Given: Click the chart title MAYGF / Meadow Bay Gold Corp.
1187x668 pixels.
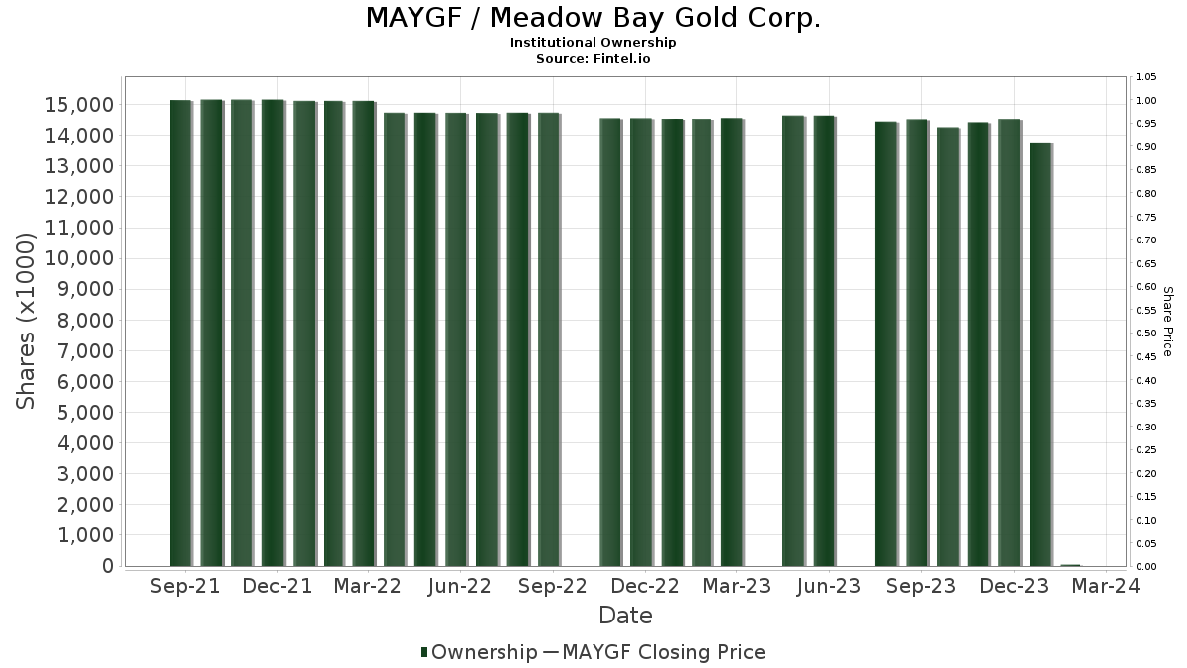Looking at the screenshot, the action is (x=593, y=18).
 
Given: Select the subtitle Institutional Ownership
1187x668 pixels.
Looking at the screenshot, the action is (x=593, y=43).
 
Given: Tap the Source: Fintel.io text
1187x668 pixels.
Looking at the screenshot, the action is (x=593, y=58).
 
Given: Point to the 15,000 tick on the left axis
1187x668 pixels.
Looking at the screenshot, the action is (x=79, y=105).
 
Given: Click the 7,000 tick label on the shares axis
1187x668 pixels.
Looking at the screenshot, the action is (x=85, y=351).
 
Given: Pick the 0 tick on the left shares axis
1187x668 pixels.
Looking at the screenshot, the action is (x=108, y=566).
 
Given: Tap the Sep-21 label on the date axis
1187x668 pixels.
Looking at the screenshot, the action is (x=185, y=586).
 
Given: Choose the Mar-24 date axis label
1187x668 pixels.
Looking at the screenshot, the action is (x=1106, y=586).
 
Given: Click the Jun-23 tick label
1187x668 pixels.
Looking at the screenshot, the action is (x=828, y=586).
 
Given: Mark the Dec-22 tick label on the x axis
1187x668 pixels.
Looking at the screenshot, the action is (x=645, y=586).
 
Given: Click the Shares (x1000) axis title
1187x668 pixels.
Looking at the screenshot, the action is (x=25, y=322).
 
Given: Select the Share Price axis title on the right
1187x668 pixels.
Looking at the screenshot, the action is (x=1168, y=322).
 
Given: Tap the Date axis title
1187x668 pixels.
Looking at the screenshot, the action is (x=625, y=616).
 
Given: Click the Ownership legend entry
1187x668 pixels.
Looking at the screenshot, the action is (x=479, y=652).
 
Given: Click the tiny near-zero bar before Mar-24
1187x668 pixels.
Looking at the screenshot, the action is (x=1070, y=566).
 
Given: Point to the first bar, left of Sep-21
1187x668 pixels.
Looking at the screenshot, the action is (x=181, y=333).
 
